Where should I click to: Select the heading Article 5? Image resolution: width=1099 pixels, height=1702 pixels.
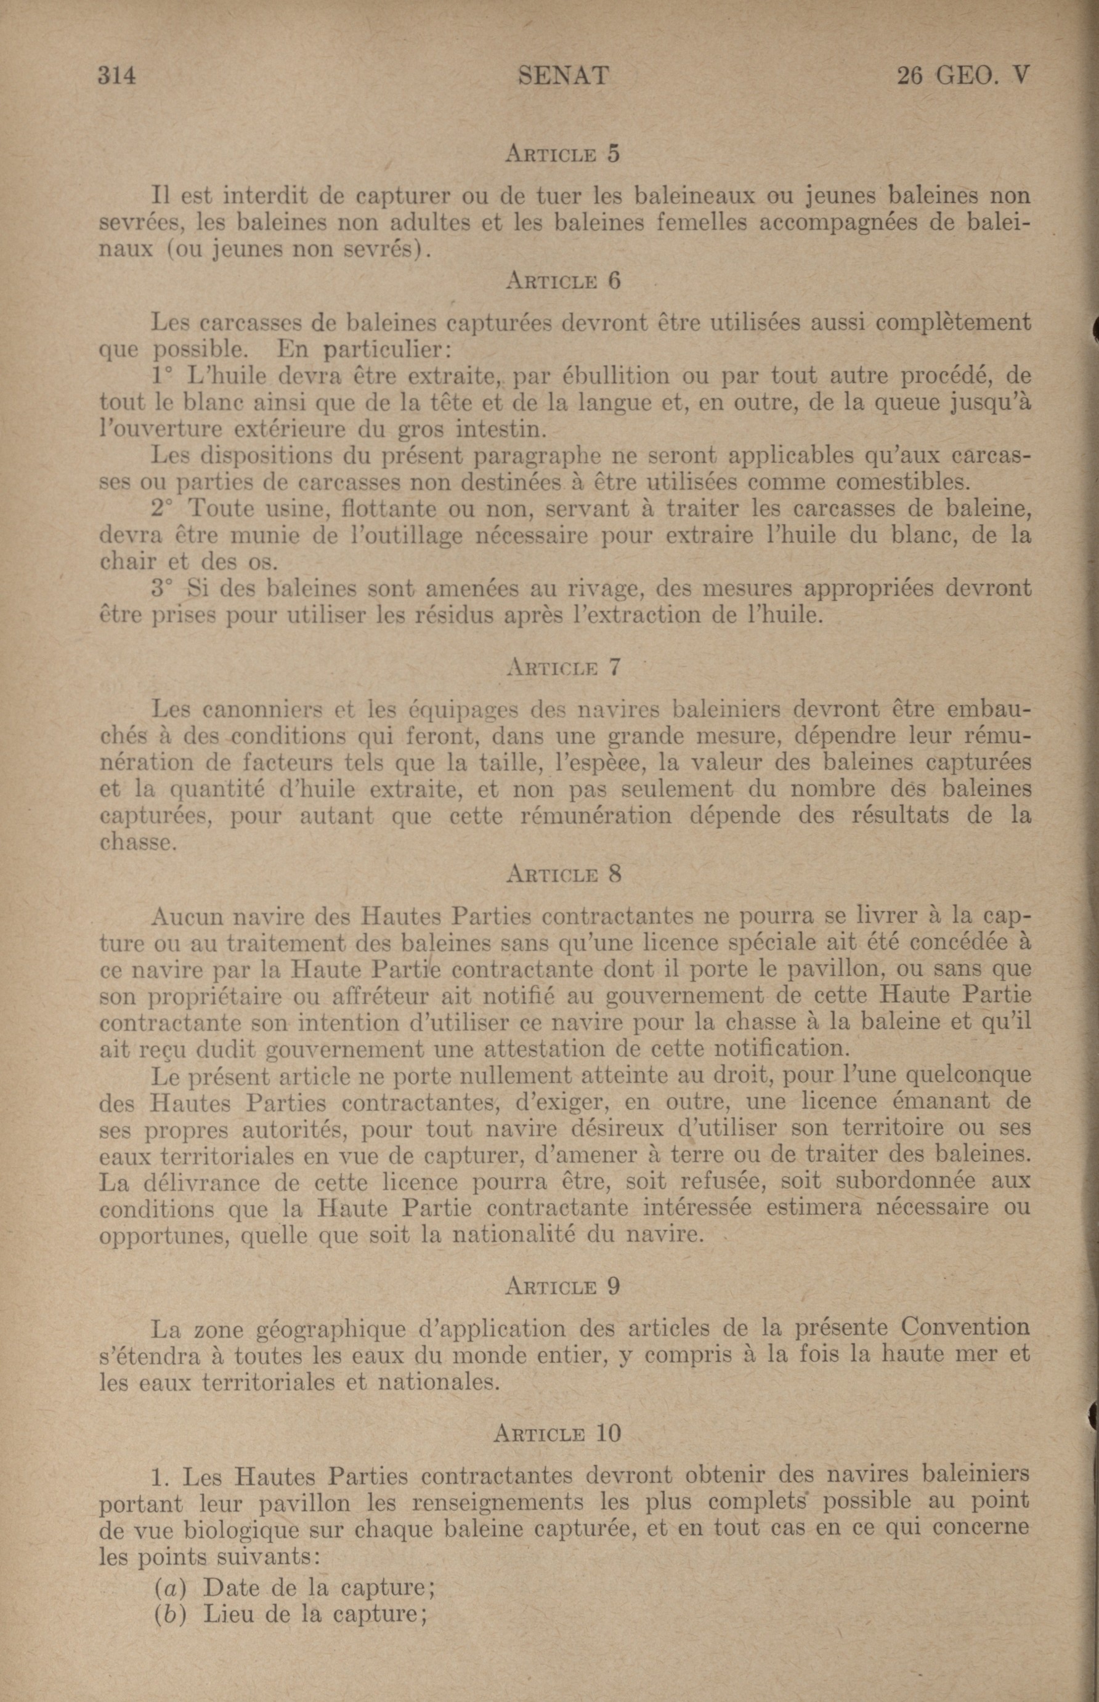pos(562,154)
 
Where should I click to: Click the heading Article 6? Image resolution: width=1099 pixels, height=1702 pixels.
pos(562,281)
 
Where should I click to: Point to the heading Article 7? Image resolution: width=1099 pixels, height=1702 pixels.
pos(562,667)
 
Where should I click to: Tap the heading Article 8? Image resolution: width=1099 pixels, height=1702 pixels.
pos(562,874)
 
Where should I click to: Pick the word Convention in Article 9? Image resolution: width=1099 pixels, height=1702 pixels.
pos(965,1328)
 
